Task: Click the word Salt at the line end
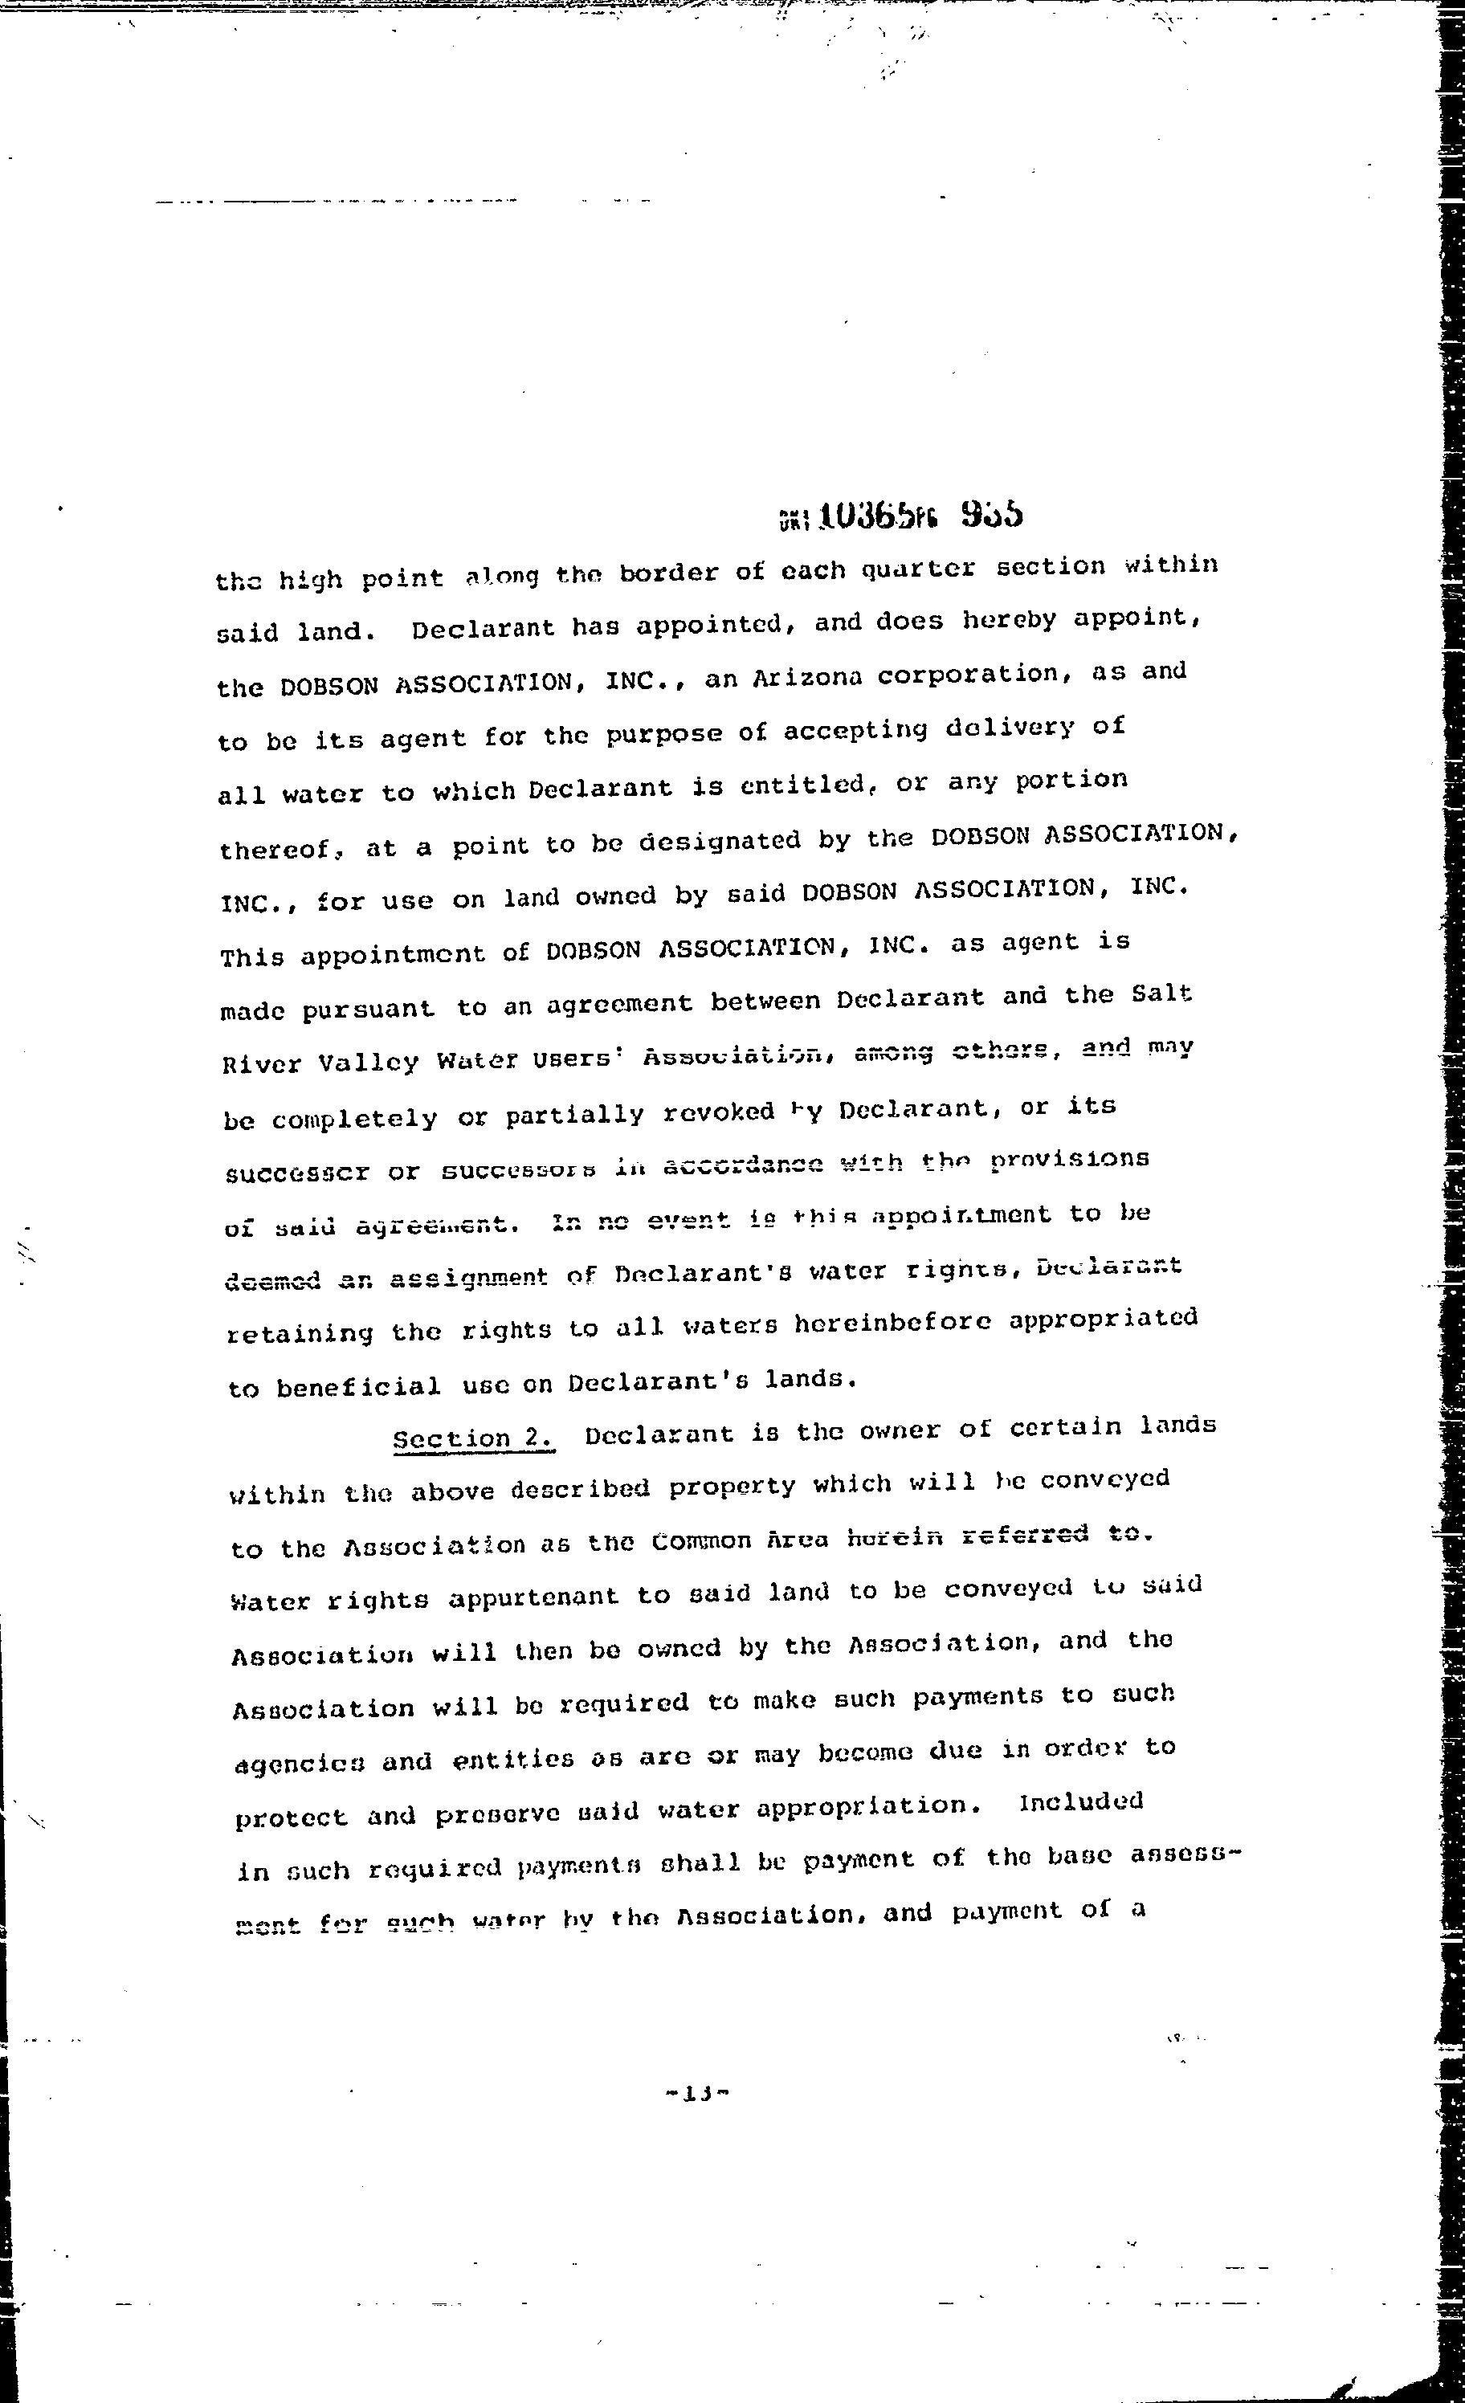coord(1161,993)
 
